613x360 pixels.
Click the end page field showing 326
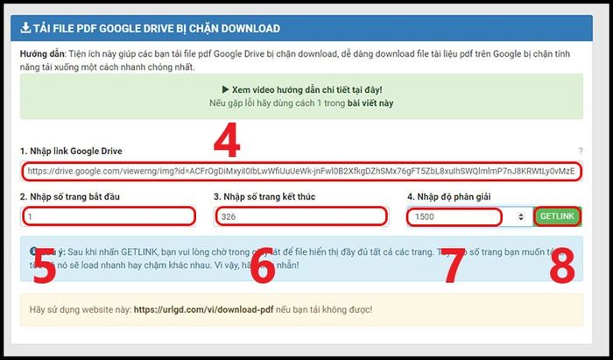point(299,215)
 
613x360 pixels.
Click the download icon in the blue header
point(26,29)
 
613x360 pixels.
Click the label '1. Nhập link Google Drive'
point(71,151)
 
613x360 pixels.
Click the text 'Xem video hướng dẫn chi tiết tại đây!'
point(304,89)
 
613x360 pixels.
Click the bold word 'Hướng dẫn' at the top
point(45,53)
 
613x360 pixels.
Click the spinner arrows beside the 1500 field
point(522,215)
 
